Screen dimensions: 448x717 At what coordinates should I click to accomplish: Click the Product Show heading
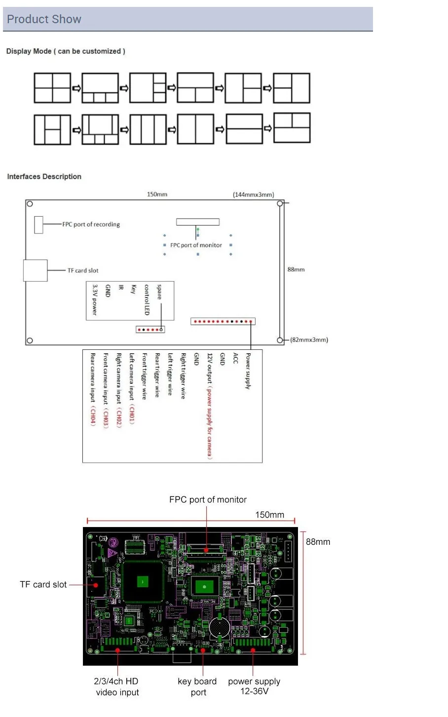[44, 19]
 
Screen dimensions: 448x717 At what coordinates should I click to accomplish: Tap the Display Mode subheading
[66, 51]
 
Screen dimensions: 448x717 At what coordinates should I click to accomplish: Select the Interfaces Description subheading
[44, 177]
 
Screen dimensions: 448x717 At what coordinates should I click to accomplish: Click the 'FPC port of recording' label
[91, 225]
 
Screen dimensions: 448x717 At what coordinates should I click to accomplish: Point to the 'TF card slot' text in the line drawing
[83, 270]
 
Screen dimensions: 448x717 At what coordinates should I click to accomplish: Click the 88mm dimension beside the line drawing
[296, 269]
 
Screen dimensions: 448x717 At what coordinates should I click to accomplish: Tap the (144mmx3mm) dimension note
[253, 195]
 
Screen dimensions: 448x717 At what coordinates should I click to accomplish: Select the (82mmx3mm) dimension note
[309, 340]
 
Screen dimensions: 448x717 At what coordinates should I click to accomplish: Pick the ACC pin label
[235, 359]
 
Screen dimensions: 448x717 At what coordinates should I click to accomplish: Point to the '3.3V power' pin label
[95, 300]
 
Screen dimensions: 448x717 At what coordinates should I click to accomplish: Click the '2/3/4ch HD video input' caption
[116, 686]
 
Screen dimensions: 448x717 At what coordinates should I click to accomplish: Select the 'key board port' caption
[197, 686]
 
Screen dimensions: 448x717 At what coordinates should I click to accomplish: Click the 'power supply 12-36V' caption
[254, 686]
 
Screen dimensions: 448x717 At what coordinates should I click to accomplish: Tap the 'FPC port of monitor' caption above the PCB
[208, 500]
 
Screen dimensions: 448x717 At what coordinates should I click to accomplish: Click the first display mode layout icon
[52, 88]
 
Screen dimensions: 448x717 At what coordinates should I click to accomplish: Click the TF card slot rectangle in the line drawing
[36, 270]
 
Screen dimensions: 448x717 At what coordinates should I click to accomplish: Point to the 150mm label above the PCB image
[269, 515]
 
